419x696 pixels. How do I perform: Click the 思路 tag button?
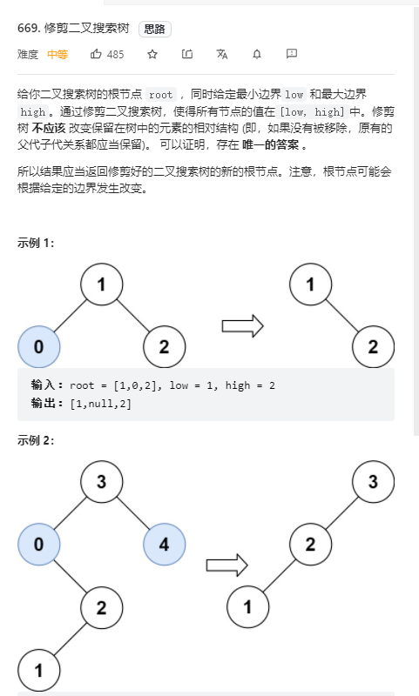point(155,30)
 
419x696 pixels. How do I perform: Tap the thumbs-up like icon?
point(96,54)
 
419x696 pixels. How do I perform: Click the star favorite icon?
point(152,54)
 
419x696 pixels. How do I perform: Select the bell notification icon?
point(257,54)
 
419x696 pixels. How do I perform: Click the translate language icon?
point(222,54)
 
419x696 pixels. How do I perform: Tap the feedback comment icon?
point(292,54)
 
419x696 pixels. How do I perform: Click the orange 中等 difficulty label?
point(57,55)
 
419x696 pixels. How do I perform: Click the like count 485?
point(116,55)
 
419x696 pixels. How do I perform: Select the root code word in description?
point(161,95)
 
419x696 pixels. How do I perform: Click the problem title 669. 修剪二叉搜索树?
point(73,29)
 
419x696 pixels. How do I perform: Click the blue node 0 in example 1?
point(39,346)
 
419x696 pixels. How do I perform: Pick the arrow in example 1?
point(243,326)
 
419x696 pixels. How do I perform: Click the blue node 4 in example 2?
point(165,545)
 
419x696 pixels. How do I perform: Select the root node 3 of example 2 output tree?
point(373,482)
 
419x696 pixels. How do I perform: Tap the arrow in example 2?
point(227,565)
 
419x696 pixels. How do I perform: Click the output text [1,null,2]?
point(101,404)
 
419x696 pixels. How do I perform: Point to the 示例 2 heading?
point(36,440)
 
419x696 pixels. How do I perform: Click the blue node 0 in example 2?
point(39,545)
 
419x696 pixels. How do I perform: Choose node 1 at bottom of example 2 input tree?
point(39,670)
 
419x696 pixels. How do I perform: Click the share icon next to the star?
point(187,54)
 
